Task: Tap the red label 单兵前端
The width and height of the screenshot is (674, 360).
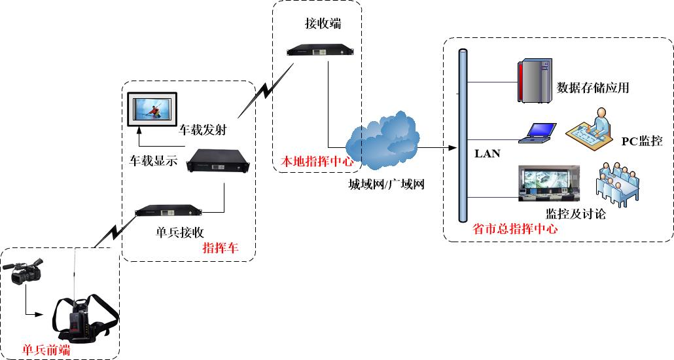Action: tap(46, 350)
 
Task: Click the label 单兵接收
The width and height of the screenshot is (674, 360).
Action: tap(180, 232)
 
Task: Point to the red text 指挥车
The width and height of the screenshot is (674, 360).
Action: tap(221, 247)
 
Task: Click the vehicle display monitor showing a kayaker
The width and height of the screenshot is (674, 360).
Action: tap(152, 109)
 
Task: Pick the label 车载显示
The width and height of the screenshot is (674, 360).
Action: tap(154, 161)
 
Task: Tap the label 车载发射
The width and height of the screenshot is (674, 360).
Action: tap(202, 130)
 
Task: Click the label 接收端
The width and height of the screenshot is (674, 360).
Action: tap(323, 23)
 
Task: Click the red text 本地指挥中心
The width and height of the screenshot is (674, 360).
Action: tap(317, 161)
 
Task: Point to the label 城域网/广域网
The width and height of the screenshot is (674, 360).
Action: tap(387, 185)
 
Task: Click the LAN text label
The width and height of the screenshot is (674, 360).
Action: tap(488, 153)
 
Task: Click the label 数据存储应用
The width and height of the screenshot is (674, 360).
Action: tap(594, 87)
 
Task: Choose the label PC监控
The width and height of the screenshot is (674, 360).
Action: tap(642, 141)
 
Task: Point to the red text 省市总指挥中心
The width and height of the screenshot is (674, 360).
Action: tap(515, 228)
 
